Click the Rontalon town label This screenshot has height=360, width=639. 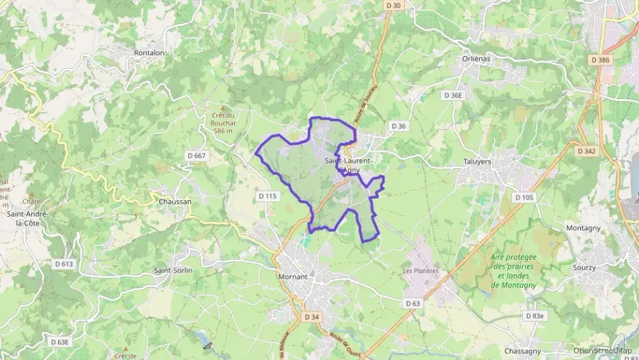(x=150, y=53)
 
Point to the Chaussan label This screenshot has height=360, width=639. (x=175, y=202)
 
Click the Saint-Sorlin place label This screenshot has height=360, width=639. (x=173, y=271)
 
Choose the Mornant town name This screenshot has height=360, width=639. (x=294, y=277)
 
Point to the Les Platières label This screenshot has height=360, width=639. (x=421, y=271)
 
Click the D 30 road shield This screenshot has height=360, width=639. (x=393, y=5)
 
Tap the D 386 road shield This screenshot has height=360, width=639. (x=599, y=60)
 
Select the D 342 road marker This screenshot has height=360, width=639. (x=586, y=151)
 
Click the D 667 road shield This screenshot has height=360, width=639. (x=197, y=156)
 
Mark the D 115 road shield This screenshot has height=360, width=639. (x=268, y=196)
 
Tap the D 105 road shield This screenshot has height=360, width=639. (x=524, y=197)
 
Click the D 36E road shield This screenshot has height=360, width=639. (x=453, y=96)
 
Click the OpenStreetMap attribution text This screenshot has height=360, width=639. (x=603, y=350)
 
